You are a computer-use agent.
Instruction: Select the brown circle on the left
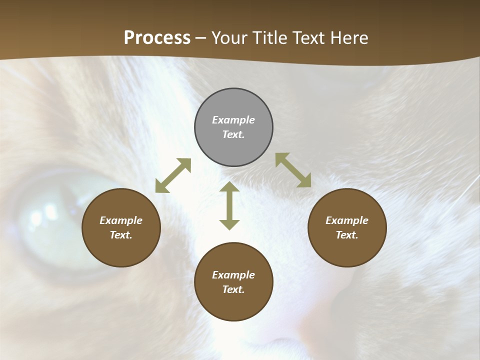121,227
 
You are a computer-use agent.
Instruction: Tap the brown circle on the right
347,227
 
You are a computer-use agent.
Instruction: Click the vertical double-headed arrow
229,205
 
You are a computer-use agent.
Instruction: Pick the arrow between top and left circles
173,175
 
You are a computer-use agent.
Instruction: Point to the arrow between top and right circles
293,170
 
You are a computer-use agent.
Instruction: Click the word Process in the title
157,37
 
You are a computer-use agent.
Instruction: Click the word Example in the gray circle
233,120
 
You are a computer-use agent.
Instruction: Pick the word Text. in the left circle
121,235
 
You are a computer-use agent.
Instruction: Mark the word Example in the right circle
347,220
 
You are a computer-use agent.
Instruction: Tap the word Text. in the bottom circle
233,289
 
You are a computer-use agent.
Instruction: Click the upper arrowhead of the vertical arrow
229,187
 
